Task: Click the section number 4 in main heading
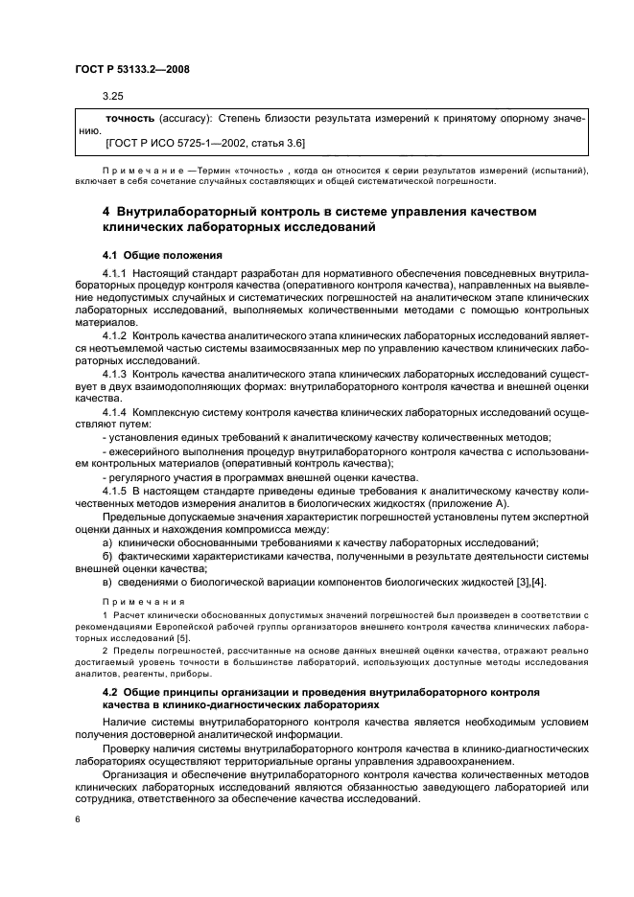[x=106, y=210]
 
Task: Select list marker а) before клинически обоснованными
[x=107, y=542]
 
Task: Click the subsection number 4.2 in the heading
[x=110, y=690]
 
